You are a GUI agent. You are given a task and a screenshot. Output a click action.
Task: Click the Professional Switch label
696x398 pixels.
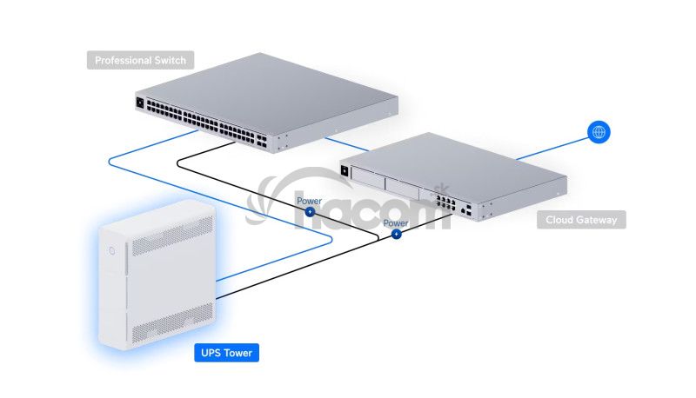tap(140, 61)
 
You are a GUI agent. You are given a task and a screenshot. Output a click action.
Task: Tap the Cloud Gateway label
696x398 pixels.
tap(580, 220)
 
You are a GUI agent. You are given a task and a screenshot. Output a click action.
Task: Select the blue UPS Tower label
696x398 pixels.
tap(225, 353)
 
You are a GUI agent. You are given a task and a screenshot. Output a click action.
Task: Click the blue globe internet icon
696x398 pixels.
tap(599, 132)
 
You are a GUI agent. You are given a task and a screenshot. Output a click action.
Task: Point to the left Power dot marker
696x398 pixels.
tap(309, 212)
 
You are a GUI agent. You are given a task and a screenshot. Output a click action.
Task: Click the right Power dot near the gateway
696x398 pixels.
tap(396, 234)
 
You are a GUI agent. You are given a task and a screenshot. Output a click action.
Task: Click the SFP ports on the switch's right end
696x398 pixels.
tap(261, 138)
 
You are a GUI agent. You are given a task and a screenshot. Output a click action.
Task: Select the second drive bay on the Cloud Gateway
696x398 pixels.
tap(401, 190)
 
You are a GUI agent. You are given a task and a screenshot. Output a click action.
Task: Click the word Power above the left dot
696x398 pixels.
tap(309, 201)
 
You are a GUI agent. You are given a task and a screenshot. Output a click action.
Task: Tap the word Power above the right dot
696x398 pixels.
tap(396, 223)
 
